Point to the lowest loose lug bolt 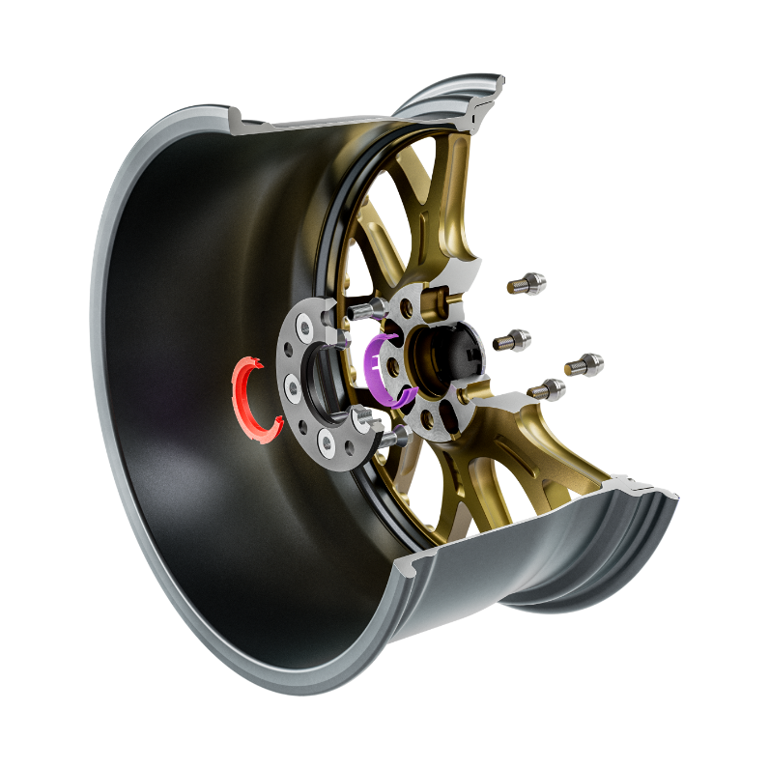[x=548, y=388]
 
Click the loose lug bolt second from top [x=512, y=339]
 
